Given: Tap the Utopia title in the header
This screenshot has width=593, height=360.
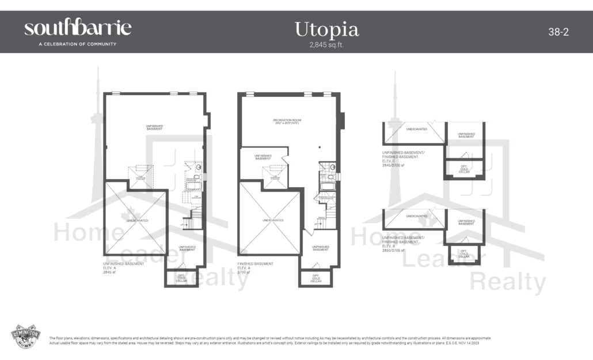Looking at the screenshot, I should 326,29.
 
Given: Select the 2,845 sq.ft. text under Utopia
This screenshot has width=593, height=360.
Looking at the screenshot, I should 326,44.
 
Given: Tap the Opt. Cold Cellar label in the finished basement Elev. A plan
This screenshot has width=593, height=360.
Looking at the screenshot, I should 315,278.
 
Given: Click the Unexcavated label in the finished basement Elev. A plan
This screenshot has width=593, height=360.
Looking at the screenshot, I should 269,220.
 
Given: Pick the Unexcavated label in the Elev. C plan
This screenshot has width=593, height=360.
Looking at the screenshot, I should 416,129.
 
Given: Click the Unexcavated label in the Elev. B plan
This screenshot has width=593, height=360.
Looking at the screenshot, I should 416,216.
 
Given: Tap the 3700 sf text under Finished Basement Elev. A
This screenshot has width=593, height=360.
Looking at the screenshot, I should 244,272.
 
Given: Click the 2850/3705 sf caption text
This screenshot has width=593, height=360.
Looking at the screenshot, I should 394,251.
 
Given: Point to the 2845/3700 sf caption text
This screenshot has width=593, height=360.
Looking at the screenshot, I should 394,164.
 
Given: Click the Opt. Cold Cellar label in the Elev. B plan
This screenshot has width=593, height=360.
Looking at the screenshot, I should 463,253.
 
